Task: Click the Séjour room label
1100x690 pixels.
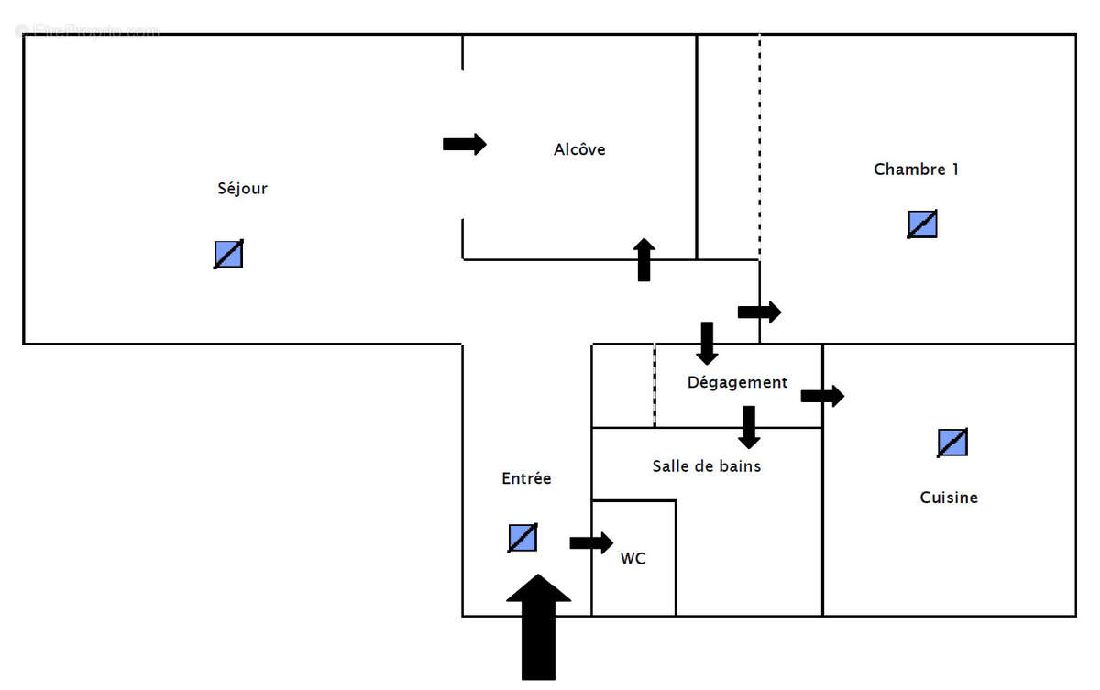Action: pos(242,189)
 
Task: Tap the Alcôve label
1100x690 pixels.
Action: pos(579,149)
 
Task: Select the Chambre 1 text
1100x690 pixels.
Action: pos(916,170)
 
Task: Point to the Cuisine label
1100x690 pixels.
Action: pos(949,498)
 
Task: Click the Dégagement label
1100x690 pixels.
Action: pos(737,382)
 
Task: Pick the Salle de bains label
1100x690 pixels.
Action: pos(706,466)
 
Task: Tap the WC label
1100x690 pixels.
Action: pos(632,558)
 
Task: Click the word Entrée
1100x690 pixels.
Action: pos(526,478)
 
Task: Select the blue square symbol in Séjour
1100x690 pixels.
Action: pos(228,254)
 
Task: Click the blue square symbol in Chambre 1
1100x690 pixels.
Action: pos(922,225)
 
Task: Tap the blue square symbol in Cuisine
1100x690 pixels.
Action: pos(952,443)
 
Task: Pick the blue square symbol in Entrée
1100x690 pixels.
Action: pos(522,538)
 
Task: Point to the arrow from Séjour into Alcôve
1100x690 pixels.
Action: pos(465,144)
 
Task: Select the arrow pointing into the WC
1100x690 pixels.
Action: pos(591,542)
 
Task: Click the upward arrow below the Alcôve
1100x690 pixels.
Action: pos(644,259)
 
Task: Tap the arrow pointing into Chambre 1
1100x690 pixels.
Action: pos(759,312)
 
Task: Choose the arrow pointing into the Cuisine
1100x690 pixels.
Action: pos(822,396)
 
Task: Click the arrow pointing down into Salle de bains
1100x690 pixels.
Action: pos(749,427)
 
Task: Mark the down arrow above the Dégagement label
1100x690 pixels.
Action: pos(707,343)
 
